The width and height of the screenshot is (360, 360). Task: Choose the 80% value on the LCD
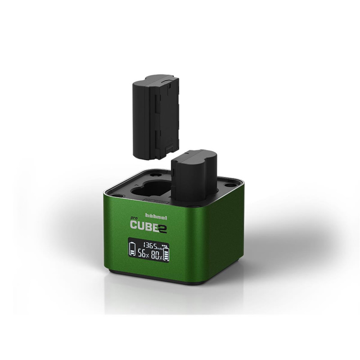click(157, 255)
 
